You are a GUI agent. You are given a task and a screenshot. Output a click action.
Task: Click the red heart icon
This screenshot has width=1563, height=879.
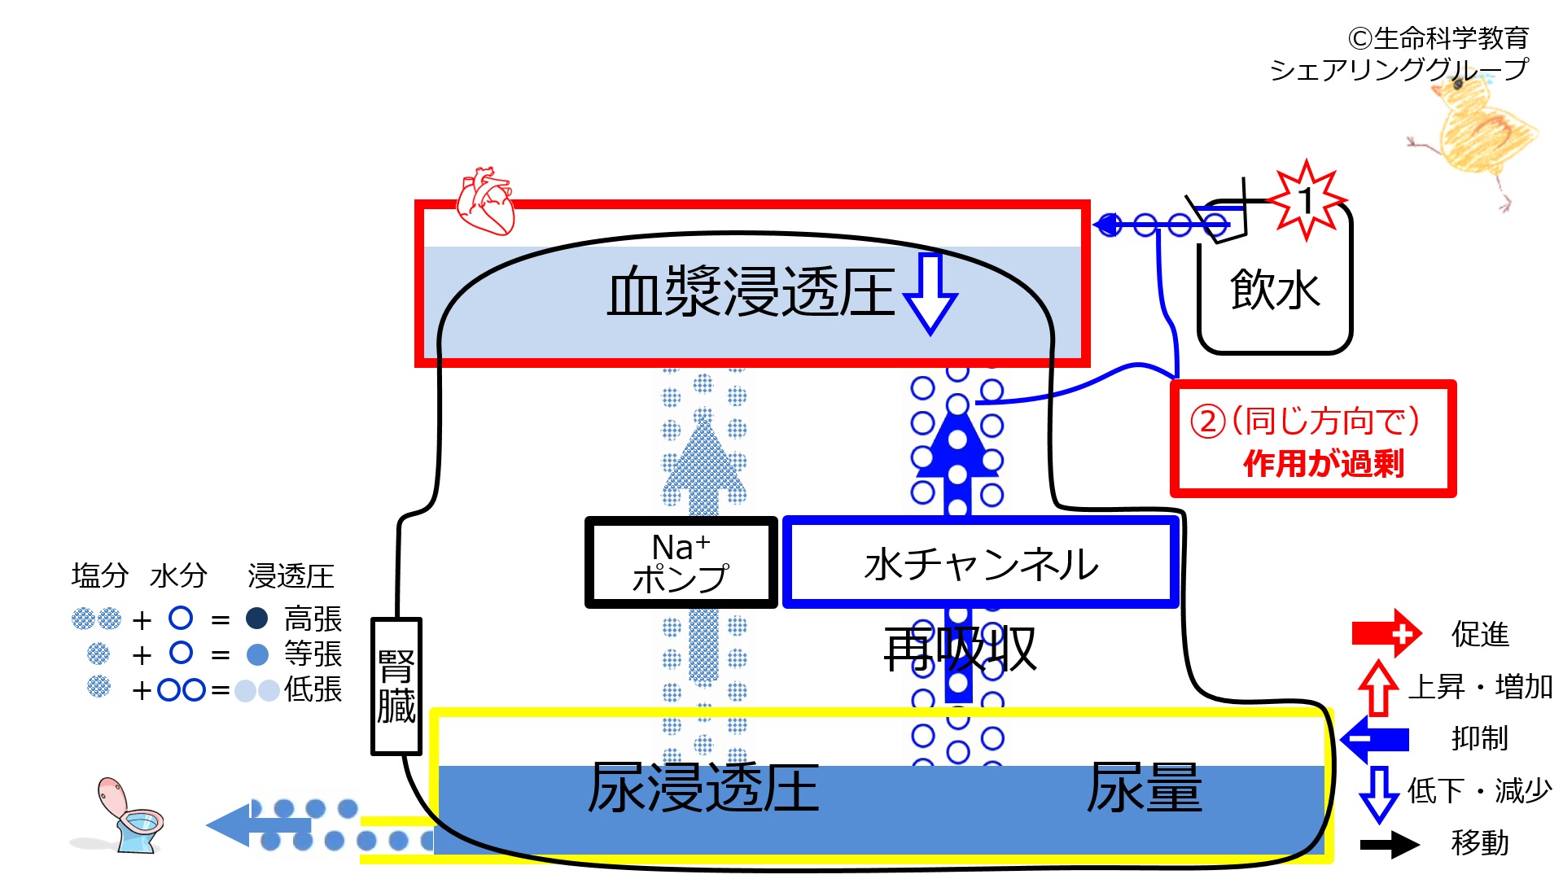tap(486, 201)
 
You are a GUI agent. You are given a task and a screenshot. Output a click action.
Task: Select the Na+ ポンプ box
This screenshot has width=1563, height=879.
tap(681, 562)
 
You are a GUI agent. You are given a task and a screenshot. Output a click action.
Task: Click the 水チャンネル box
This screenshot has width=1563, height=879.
tap(981, 562)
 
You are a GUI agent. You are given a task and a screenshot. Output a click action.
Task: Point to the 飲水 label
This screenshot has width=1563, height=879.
tap(1275, 290)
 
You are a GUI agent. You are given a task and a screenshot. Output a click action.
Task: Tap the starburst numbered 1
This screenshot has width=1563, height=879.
tap(1307, 200)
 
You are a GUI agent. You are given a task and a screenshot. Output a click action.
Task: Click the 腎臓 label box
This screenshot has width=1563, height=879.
tap(396, 686)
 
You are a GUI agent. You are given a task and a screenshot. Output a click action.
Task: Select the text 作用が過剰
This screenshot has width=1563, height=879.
tap(1324, 464)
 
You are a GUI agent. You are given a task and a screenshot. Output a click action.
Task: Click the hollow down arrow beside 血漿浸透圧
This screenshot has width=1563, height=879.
tap(930, 294)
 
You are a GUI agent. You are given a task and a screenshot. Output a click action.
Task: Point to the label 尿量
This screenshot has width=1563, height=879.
tap(1145, 788)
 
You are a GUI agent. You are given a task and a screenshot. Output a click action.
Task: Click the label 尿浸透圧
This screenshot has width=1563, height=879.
tap(703, 788)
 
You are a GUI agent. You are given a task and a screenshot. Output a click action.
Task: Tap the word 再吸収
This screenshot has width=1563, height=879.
tap(961, 649)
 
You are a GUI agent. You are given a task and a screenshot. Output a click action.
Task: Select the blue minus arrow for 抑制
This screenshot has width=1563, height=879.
tap(1375, 739)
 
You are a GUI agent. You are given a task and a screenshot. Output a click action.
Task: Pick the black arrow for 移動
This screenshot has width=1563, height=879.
tap(1390, 844)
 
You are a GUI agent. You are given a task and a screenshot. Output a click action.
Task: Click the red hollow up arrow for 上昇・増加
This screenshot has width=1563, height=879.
tap(1378, 688)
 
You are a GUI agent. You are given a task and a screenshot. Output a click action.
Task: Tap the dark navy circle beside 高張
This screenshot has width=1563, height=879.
tap(257, 619)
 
